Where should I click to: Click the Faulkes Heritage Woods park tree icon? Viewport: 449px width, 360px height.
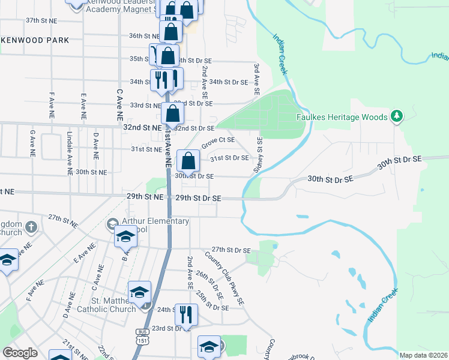(396, 116)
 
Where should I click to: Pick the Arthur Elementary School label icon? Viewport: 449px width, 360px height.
(112, 224)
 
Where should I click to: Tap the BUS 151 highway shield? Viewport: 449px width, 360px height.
(142, 336)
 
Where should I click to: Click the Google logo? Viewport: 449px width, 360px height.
(20, 353)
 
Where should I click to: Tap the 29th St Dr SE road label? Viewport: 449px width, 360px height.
(197, 197)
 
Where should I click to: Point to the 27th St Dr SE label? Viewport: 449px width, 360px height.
(231, 250)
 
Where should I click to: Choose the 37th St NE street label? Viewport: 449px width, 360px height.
(41, 20)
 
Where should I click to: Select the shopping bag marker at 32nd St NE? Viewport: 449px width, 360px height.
(172, 113)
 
